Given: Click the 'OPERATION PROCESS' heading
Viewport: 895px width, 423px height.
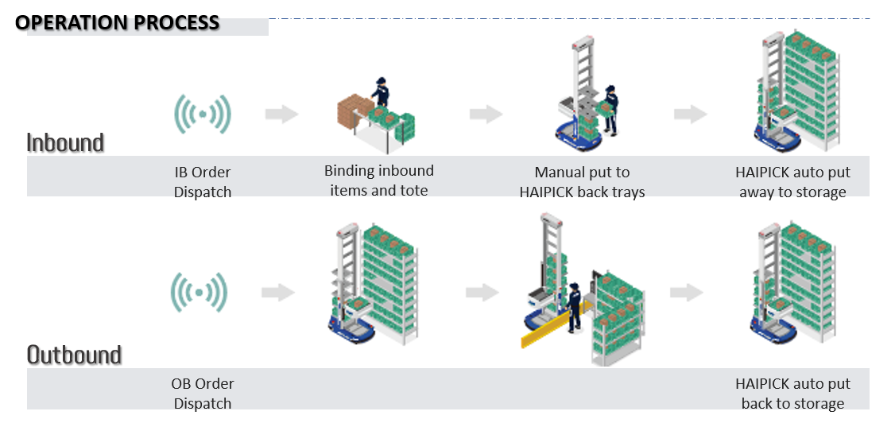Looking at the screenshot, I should pyautogui.click(x=124, y=22).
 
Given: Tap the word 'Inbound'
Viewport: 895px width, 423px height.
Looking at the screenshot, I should pyautogui.click(x=65, y=143).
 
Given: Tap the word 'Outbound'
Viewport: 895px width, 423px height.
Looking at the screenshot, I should pyautogui.click(x=74, y=355).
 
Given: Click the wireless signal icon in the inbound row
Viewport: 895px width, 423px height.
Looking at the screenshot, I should pyautogui.click(x=203, y=114).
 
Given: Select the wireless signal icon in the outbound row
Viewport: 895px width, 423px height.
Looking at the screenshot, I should pyautogui.click(x=200, y=293).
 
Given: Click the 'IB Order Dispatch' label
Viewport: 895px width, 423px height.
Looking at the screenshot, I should pyautogui.click(x=203, y=181).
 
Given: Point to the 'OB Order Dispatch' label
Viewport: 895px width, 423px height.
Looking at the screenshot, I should pyautogui.click(x=203, y=393).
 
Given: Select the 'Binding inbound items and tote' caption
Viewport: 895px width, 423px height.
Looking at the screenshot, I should pyautogui.click(x=379, y=180).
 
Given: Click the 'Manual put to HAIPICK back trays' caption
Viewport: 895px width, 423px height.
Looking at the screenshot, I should pyautogui.click(x=582, y=181).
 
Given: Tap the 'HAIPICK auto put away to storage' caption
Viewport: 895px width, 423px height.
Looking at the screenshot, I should pyautogui.click(x=792, y=181).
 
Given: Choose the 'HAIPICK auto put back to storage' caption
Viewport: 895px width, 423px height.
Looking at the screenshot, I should pyautogui.click(x=792, y=393).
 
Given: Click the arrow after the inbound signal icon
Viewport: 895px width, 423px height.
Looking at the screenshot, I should pyautogui.click(x=281, y=114).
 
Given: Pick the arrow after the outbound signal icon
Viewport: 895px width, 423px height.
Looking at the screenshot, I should pyautogui.click(x=277, y=293).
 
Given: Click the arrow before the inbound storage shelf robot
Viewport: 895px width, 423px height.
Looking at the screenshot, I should pyautogui.click(x=690, y=114).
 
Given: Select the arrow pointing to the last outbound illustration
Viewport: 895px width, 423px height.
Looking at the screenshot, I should pyautogui.click(x=687, y=293).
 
